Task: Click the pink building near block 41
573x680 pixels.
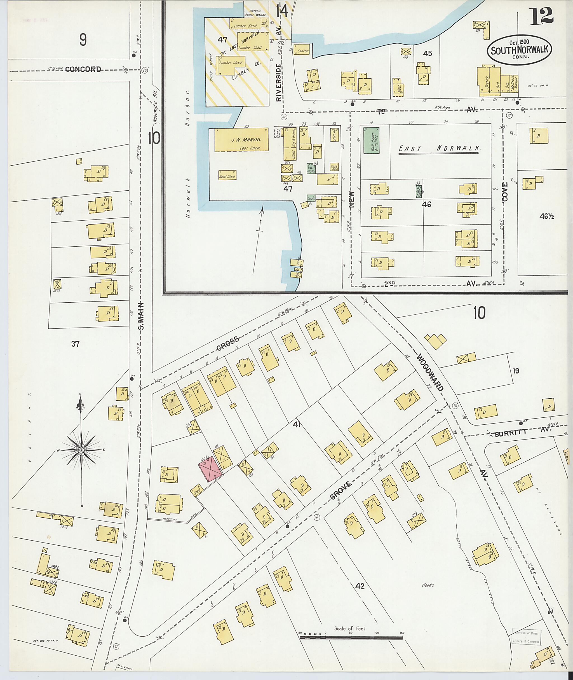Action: coord(210,468)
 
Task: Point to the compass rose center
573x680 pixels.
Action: coord(81,450)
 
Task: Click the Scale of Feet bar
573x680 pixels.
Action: coord(351,638)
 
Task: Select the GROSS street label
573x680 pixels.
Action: coord(228,344)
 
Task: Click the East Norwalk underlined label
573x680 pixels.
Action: coord(439,149)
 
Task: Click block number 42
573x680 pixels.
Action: coord(360,586)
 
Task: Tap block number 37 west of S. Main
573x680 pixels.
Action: coord(75,344)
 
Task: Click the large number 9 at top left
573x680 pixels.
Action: coord(83,40)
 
